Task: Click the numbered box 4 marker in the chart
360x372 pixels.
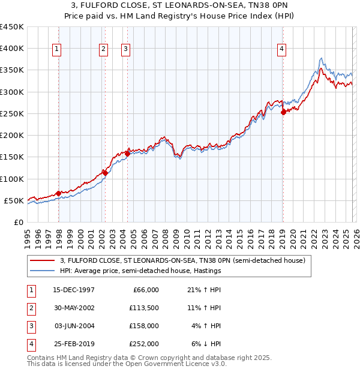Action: coord(281,50)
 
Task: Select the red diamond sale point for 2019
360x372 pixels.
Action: coord(283,112)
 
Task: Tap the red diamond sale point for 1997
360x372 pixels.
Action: coord(58,193)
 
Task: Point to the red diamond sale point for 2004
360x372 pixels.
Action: coord(127,154)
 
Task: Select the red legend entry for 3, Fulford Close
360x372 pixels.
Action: coord(182,260)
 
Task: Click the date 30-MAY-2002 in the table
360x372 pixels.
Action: coord(75,308)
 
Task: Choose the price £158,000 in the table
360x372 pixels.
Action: coord(145,326)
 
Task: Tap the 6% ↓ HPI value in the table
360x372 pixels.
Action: coord(205,344)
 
